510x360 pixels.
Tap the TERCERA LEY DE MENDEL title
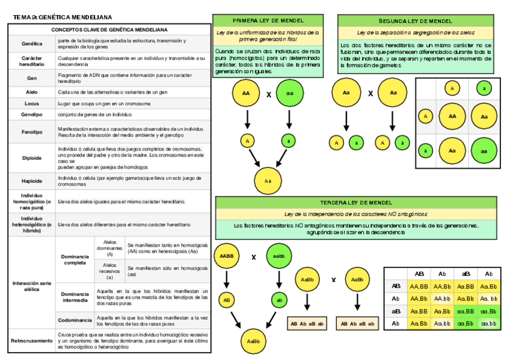click(x=357, y=203)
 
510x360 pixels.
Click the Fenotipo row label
click(x=32, y=132)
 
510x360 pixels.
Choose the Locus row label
click(x=32, y=103)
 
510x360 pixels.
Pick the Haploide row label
click(x=32, y=180)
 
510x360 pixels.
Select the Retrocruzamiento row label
click(x=32, y=341)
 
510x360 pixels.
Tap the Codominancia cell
click(x=75, y=320)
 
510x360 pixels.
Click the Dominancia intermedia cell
click(x=75, y=296)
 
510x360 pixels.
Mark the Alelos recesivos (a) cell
click(x=110, y=272)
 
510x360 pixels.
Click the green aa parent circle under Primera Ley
click(x=290, y=93)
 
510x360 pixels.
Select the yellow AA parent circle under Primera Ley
click(x=246, y=93)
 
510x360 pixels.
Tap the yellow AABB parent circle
click(x=227, y=256)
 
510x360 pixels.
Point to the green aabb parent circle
click(x=278, y=256)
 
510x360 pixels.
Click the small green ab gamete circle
click(x=278, y=299)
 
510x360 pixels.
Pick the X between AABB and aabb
click(x=253, y=257)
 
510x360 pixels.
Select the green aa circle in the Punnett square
click(x=484, y=151)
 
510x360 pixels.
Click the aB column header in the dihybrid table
click(x=465, y=273)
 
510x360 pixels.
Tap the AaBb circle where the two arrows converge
click(x=253, y=341)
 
